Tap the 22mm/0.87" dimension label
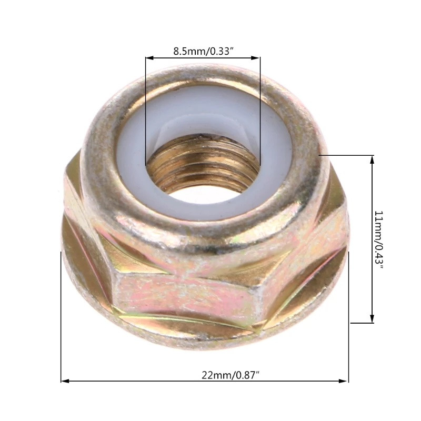[230, 375]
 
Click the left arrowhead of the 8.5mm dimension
[149, 58]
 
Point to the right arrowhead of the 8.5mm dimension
[256, 58]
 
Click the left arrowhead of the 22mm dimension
[65, 381]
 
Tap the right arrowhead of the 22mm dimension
[344, 381]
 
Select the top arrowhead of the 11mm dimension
[372, 160]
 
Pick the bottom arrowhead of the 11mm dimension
[372, 319]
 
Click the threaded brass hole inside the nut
[203, 164]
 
